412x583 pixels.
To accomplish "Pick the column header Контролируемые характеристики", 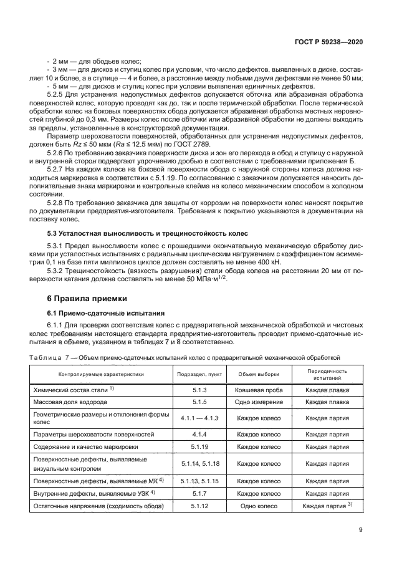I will coord(101,374).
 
